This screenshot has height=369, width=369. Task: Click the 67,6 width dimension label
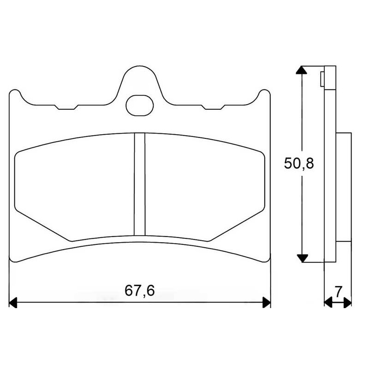click(140, 291)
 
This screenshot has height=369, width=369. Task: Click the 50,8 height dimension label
click(299, 163)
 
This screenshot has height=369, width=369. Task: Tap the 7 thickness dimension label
click(338, 292)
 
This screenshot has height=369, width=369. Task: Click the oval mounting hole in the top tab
click(140, 106)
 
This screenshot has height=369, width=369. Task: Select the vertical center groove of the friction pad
click(140, 184)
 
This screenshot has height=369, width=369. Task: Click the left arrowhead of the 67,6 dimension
click(13, 302)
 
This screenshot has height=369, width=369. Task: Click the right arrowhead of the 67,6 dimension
click(267, 302)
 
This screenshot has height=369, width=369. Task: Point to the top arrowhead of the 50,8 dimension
click(302, 70)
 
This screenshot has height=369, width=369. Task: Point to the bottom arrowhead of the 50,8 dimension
click(302, 258)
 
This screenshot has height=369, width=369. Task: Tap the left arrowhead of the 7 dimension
click(328, 302)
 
